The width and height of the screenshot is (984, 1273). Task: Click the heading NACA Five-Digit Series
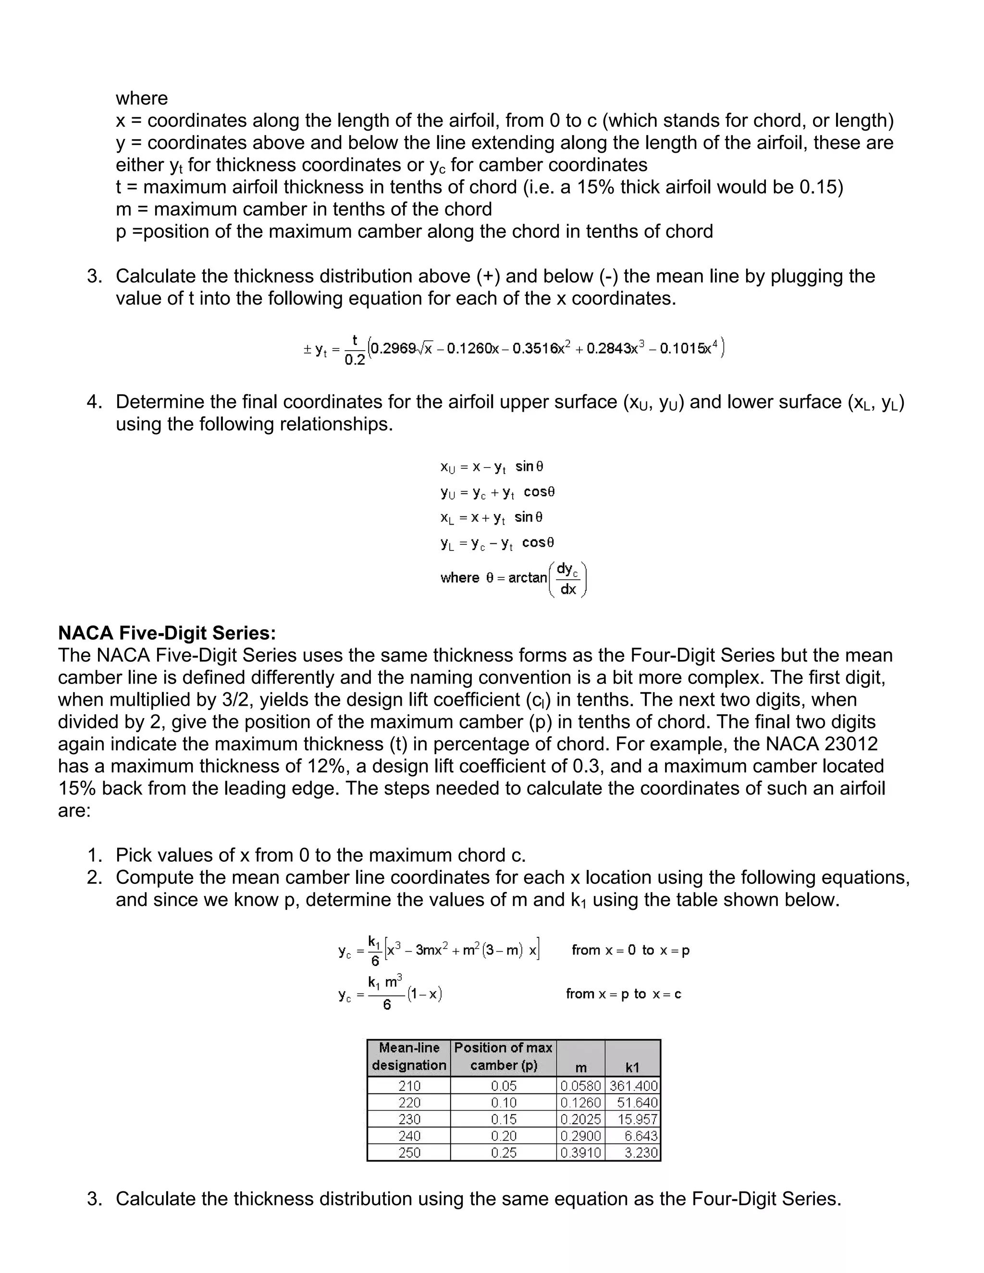point(167,633)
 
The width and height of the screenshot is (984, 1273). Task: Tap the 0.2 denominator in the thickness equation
point(355,360)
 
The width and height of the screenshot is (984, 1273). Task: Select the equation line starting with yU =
point(497,492)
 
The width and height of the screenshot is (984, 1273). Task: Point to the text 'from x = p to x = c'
point(623,994)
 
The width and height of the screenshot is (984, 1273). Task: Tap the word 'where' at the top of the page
point(142,98)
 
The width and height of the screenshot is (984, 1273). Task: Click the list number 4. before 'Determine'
point(95,402)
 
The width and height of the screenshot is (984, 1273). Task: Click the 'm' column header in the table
point(580,1068)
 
